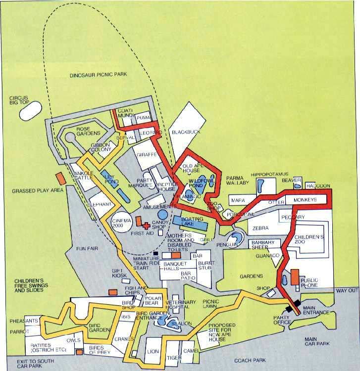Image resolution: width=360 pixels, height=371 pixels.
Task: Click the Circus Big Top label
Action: point(18,101)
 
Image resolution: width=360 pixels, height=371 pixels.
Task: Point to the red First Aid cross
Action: point(146,224)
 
